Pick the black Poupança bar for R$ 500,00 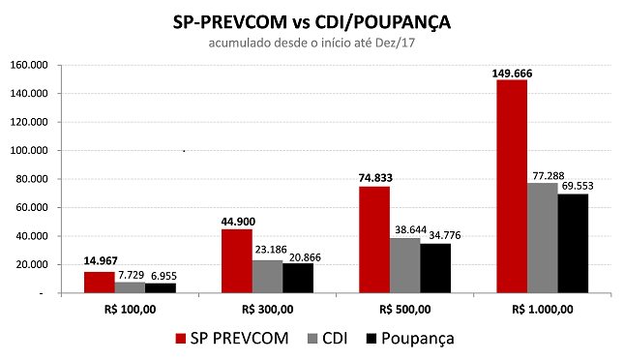click(434, 267)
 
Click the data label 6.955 click(161, 275)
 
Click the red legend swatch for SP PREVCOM click(182, 339)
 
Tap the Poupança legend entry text click(418, 338)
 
